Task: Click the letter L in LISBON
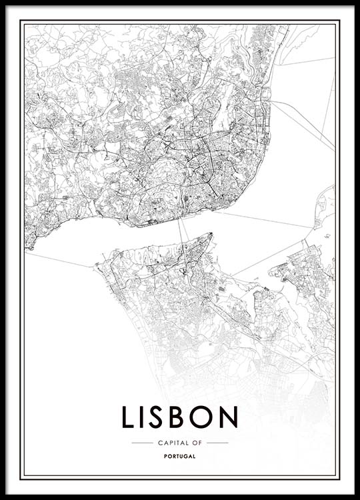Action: (128, 417)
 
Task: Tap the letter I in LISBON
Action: (143, 417)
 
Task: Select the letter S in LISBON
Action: (158, 417)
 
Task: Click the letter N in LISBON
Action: (229, 417)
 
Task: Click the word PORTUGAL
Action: (179, 457)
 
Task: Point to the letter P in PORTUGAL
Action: (165, 457)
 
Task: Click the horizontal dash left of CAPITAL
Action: (142, 443)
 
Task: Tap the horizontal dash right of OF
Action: (217, 443)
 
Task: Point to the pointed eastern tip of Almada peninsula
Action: (211, 234)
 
